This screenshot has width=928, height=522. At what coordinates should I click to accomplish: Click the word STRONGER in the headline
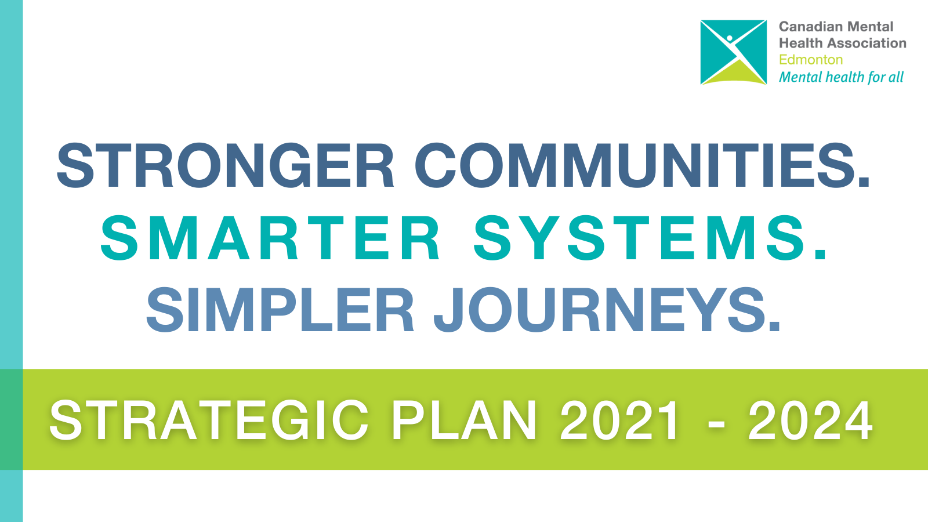(226, 165)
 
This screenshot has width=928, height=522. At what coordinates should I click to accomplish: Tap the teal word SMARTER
(270, 237)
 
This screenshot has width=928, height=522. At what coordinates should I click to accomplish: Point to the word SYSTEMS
(640, 237)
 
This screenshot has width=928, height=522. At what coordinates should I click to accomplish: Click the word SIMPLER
(280, 310)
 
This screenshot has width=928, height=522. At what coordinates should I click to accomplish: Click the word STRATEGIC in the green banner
(209, 420)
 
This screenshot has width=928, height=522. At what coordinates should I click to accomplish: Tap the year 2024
(810, 420)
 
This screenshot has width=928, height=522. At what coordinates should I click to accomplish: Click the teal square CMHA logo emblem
(733, 52)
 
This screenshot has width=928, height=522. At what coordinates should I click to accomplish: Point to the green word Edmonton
(811, 60)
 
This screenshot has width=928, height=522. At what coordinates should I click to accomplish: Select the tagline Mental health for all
(841, 77)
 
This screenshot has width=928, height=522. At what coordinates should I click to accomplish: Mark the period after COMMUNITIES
(864, 183)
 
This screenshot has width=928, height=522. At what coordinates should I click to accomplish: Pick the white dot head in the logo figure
(730, 38)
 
